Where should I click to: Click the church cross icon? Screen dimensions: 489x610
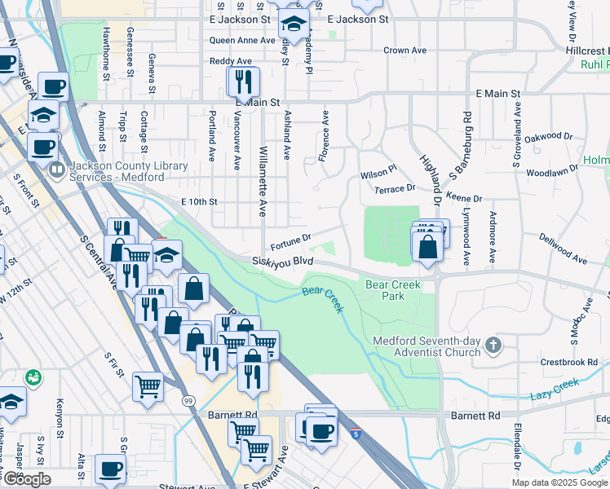[493, 346]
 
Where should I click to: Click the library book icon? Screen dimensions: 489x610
[57, 171]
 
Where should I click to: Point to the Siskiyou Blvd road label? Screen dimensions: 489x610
[283, 262]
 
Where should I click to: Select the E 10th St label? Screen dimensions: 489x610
[200, 201]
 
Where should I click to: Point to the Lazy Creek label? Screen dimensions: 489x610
[553, 387]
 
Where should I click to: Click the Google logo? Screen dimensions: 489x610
[27, 479]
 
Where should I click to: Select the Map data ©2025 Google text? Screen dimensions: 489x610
[559, 482]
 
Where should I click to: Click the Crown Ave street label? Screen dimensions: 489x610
[405, 51]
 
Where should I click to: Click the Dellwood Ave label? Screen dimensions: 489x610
[563, 249]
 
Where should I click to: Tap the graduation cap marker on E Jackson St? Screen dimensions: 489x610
[294, 25]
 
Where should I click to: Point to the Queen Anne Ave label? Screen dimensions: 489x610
[242, 40]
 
